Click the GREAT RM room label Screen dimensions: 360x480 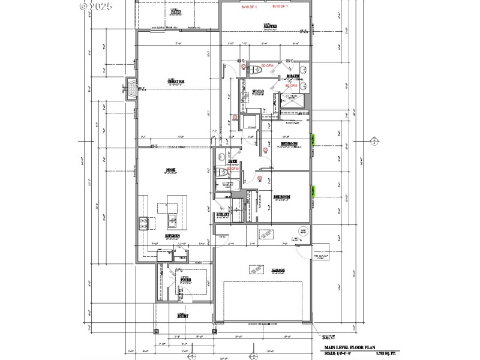click(x=175, y=82)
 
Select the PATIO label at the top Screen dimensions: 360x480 click(x=176, y=11)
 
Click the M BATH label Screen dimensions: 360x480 click(x=293, y=76)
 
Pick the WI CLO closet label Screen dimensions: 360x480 click(x=259, y=91)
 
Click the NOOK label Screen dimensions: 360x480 click(x=170, y=170)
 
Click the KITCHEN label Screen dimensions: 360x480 click(x=174, y=236)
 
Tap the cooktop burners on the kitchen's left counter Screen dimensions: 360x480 click(x=143, y=224)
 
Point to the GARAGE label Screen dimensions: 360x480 click(x=277, y=270)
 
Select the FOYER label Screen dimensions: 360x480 click(x=185, y=280)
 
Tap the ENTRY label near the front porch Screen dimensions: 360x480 click(x=183, y=315)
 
